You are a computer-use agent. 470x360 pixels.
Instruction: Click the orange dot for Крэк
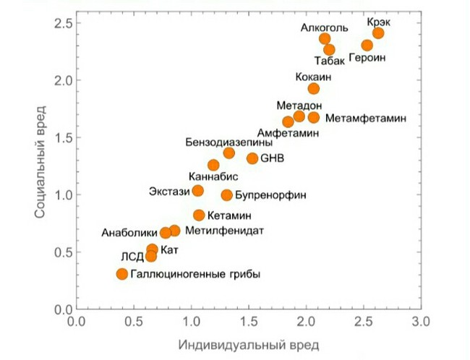[x=378, y=33]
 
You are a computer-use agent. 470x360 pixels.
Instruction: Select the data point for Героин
[x=367, y=46]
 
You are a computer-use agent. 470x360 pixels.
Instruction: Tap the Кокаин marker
[x=314, y=88]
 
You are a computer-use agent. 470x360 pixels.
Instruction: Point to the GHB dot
[x=252, y=158]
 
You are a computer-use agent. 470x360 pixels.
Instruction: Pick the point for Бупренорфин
[x=227, y=195]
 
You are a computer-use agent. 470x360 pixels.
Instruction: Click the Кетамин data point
[x=199, y=215]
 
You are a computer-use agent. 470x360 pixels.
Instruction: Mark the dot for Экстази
[x=198, y=190]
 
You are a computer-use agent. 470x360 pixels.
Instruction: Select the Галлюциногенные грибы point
[x=122, y=274]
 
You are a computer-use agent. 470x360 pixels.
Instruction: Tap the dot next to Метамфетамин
[x=314, y=118]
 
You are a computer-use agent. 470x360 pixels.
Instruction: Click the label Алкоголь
[x=325, y=28]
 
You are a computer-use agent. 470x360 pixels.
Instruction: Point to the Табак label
[x=330, y=61]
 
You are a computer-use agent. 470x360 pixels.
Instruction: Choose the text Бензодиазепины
[x=229, y=142]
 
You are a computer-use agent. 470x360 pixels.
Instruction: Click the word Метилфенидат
[x=224, y=231]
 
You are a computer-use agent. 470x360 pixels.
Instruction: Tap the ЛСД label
[x=132, y=257]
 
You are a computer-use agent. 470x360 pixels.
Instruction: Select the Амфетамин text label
[x=288, y=133]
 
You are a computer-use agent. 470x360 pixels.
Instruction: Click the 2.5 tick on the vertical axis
[x=63, y=23]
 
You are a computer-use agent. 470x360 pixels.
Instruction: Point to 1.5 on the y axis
[x=63, y=137]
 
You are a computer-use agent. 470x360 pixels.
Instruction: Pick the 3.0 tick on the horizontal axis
[x=421, y=322]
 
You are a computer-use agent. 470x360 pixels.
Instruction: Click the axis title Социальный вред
[x=40, y=161]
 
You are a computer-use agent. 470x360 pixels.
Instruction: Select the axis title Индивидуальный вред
[x=249, y=346]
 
